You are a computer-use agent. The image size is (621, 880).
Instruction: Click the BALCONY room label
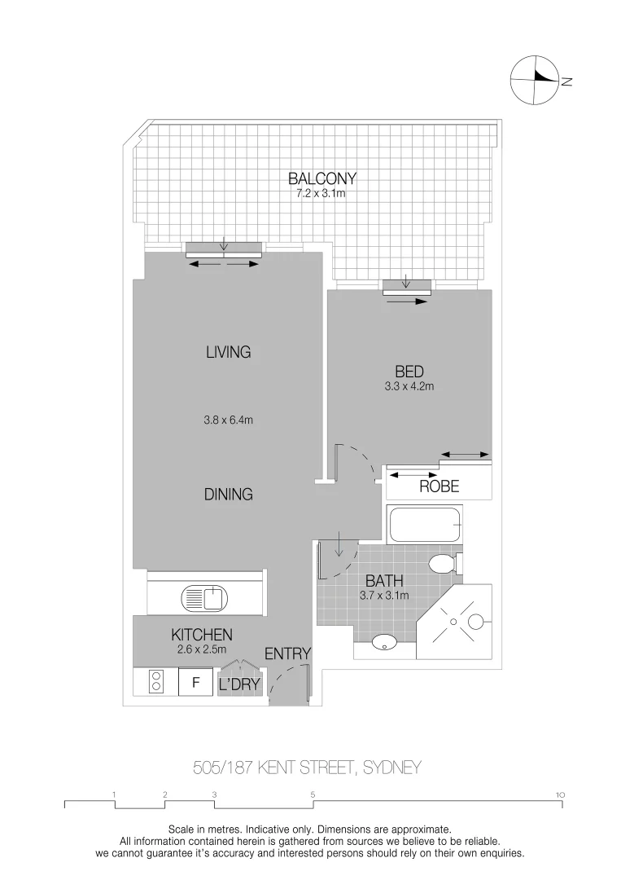pos(321,178)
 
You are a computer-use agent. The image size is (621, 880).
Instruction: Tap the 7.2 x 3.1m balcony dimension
pos(321,194)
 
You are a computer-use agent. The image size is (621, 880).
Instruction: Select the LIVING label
pos(228,353)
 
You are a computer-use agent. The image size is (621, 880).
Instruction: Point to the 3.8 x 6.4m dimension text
pos(229,421)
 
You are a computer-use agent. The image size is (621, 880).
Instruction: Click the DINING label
pos(228,494)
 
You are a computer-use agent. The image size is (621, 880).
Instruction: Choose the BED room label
pos(409,372)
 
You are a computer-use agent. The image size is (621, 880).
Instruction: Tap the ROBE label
pos(439,487)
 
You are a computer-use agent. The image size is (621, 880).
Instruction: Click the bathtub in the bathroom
pos(426,526)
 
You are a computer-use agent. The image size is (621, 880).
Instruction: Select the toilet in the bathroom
pos(444,564)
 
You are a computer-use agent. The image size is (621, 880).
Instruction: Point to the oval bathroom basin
pos(384,644)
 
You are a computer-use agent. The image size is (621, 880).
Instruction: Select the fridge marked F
pos(195,683)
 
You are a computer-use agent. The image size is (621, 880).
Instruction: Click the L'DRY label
pos(238,685)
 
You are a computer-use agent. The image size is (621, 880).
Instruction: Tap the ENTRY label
pos(288,653)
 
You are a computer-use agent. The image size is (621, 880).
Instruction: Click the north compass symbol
pos(534,79)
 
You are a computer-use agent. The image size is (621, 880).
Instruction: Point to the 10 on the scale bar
pos(560,793)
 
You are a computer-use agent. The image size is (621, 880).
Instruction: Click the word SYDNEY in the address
pos(391,768)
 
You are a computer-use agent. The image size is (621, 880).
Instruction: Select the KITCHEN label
pos(202,635)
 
